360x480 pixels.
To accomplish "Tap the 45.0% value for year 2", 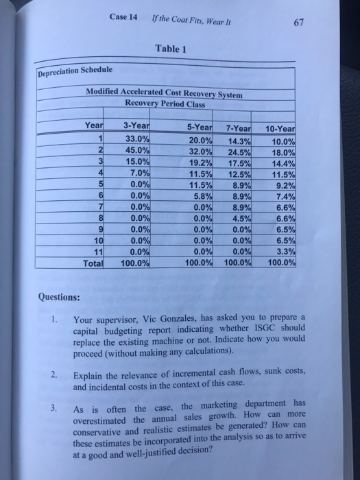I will point(136,151).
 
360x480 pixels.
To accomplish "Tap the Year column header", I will point(93,125).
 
